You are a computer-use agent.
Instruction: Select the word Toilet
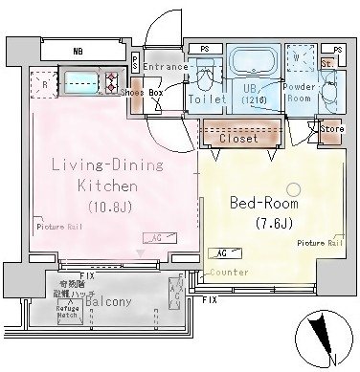point(207,98)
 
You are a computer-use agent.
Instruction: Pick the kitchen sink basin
point(78,81)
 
